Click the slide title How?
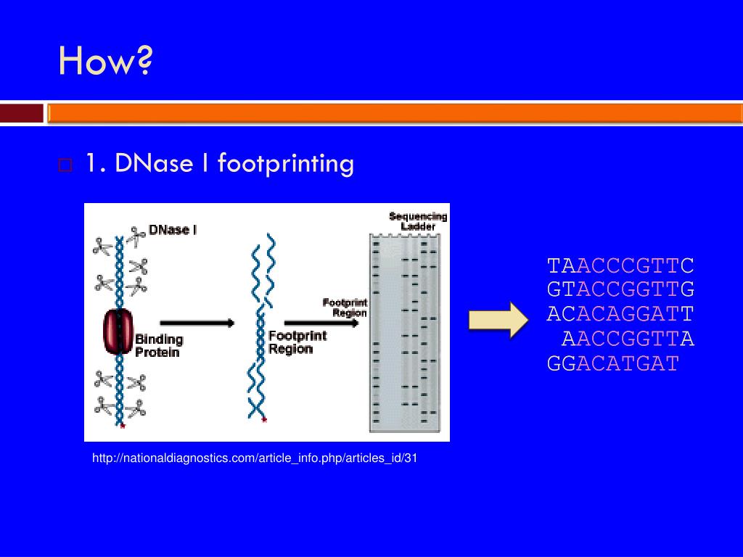[x=105, y=61]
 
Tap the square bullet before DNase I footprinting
[x=65, y=165]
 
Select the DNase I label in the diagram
[x=173, y=230]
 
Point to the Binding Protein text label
[x=159, y=345]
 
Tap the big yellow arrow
[x=499, y=320]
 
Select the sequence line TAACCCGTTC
[x=620, y=265]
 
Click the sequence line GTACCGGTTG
[x=620, y=290]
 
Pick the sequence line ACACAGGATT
[x=620, y=315]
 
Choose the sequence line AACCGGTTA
[x=628, y=339]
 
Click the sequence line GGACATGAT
[x=612, y=363]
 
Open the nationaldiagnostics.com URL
[x=255, y=458]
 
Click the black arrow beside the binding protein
[x=197, y=323]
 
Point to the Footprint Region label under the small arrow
[x=345, y=308]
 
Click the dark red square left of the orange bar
[x=22, y=114]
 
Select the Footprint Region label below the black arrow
[x=297, y=342]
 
